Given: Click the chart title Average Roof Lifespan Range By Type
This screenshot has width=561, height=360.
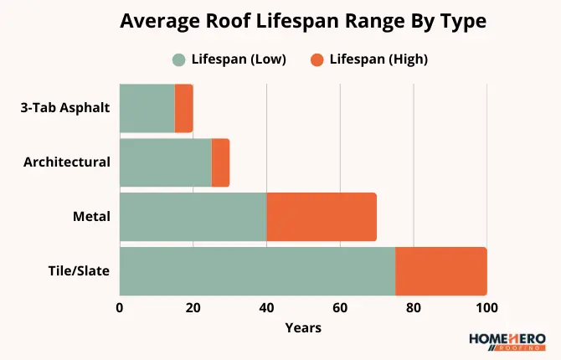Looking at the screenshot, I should (280, 21).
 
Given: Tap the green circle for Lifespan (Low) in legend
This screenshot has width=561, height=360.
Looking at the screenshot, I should (178, 59).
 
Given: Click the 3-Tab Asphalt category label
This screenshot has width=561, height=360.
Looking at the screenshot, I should (65, 108).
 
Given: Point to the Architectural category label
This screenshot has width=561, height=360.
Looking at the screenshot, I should (67, 162).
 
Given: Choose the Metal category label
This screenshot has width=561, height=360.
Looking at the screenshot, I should (92, 216).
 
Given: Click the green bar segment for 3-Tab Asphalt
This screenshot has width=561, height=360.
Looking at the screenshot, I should (147, 108).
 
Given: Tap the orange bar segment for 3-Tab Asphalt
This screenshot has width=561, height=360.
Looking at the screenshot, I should (183, 108).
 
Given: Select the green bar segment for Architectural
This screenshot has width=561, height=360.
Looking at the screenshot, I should (166, 162).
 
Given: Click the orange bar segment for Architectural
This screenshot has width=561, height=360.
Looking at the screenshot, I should (220, 162).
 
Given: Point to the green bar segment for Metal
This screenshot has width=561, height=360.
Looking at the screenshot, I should (193, 217).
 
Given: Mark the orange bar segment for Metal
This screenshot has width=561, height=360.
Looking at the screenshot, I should (322, 217).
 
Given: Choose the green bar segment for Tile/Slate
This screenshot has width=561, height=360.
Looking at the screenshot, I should (257, 271).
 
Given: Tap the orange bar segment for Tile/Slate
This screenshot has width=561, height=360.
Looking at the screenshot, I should (440, 271).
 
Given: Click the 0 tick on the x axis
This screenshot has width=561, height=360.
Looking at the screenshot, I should (120, 307).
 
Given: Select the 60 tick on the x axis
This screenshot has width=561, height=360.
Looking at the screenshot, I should (340, 307).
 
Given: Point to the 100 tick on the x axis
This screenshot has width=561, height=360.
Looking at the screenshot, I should (486, 307).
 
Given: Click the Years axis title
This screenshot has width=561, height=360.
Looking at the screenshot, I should (303, 327).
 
